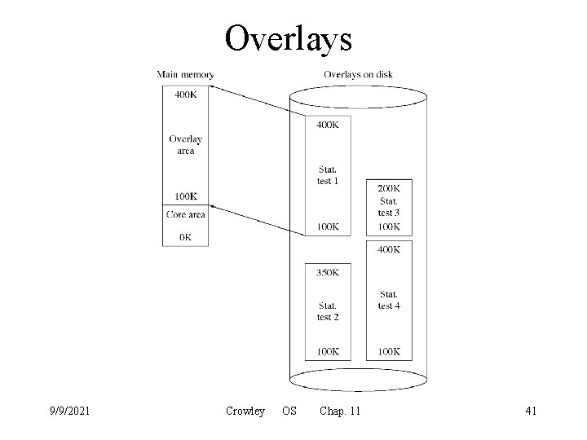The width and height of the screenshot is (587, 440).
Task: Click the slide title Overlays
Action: [x=288, y=37]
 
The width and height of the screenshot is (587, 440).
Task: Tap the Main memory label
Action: [x=185, y=75]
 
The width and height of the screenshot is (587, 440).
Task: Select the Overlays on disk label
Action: [x=358, y=75]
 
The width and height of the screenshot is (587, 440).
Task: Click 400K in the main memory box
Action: [x=185, y=95]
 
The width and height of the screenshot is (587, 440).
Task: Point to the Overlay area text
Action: [x=185, y=144]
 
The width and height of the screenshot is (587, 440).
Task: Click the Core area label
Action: [x=185, y=214]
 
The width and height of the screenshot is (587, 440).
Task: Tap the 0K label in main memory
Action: [x=185, y=237]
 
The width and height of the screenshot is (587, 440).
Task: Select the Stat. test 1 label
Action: [x=328, y=175]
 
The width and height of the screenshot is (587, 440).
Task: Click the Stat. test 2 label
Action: [x=328, y=311]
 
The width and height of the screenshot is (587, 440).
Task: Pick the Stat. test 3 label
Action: [x=389, y=206]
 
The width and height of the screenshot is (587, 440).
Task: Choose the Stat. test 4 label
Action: [x=389, y=300]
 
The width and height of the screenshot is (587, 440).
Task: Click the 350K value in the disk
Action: [x=328, y=272]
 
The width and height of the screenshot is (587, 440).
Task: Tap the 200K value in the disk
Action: [x=389, y=188]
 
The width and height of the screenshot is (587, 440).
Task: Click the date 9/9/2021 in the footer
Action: [x=69, y=411]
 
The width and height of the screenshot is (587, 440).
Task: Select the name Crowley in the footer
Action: [x=245, y=411]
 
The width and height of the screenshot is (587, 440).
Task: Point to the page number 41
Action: [x=530, y=411]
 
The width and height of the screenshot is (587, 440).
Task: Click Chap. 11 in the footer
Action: [x=341, y=411]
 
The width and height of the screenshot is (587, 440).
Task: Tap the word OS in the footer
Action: [x=289, y=411]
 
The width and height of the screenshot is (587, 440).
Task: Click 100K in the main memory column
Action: [x=185, y=196]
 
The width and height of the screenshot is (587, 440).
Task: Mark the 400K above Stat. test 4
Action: [x=389, y=249]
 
